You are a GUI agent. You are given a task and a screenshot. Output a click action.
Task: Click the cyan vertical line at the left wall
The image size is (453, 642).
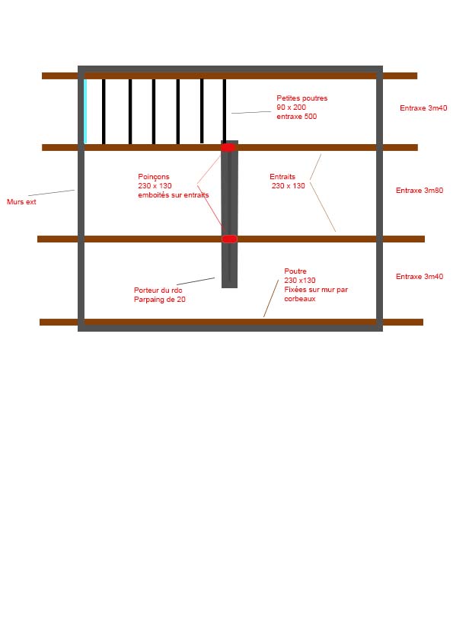point(85,111)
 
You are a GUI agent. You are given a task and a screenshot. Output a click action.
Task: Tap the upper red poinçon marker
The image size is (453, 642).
point(228,147)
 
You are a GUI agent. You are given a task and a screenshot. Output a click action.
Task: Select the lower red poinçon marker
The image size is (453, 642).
point(229,239)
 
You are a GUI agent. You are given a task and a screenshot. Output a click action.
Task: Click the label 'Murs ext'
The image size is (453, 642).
point(21,202)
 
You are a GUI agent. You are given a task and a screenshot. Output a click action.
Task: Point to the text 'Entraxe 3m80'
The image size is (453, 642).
point(420,191)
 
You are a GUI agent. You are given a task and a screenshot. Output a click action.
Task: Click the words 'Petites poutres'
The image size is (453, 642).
point(301,98)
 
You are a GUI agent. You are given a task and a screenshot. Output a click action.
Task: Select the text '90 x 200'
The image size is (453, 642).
point(291,108)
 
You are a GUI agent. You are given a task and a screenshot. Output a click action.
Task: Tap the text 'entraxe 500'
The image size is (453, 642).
point(296,117)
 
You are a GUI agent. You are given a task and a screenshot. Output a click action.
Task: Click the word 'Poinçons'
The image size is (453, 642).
point(154,177)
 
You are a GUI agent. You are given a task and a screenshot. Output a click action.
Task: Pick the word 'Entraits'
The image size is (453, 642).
point(282,177)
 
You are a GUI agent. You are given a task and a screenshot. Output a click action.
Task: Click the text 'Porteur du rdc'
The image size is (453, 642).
point(158,291)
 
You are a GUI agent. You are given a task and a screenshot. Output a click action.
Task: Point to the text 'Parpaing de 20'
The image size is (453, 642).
point(160,300)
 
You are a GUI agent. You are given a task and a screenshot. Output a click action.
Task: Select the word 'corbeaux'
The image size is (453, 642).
point(300,299)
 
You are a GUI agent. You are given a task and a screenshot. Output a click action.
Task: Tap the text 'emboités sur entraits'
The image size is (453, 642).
point(174,195)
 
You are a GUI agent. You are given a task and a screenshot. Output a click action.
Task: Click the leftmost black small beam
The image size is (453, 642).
point(104,111)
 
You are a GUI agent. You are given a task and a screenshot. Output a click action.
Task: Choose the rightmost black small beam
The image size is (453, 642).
point(225,111)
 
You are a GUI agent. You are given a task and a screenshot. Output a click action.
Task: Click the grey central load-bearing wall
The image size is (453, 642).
point(229,214)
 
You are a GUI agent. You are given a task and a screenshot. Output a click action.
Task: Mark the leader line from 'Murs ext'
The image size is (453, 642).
point(52,193)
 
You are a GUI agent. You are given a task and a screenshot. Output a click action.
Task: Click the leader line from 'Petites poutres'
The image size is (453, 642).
point(251,112)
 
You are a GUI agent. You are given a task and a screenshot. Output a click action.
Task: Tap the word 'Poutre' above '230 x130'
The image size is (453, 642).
point(295,271)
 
